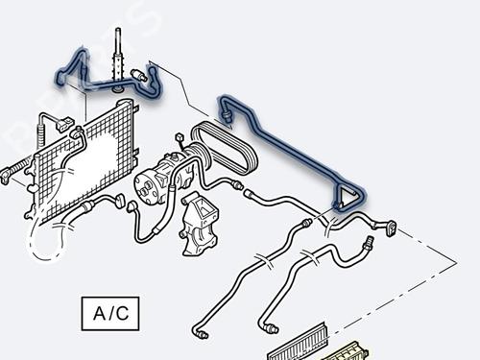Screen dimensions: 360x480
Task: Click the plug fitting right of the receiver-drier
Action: pos(141,75)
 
